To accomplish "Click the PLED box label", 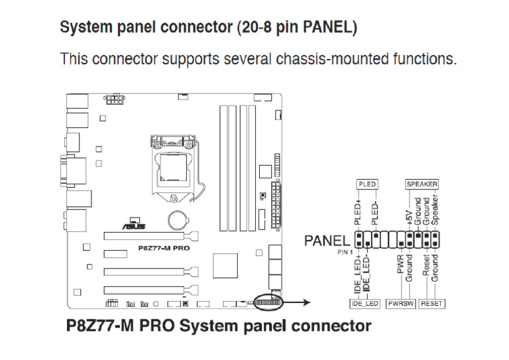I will click(367, 184).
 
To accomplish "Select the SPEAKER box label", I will click(422, 184).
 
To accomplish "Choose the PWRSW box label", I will click(400, 304).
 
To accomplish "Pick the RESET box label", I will click(432, 304).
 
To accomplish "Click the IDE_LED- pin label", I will click(367, 273).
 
